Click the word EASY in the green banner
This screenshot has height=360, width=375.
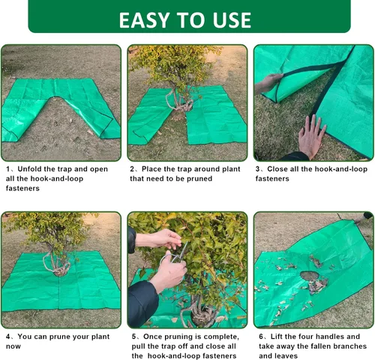[x=144, y=20]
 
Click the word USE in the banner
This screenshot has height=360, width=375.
[x=232, y=20]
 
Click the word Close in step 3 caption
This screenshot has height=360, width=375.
[x=277, y=169]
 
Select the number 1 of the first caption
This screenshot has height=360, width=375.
[x=7, y=169]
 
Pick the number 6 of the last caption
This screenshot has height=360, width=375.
[x=261, y=337]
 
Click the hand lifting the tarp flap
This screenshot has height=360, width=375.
[x=268, y=83]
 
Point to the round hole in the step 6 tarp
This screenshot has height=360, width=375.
[x=310, y=275]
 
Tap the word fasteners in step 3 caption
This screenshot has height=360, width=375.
[x=272, y=178]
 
